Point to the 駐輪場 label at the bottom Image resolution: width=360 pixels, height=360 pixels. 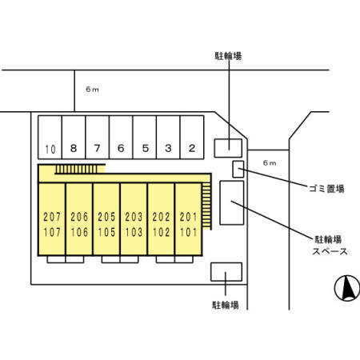coord(227,305)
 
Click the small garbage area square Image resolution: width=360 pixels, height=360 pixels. coord(238,168)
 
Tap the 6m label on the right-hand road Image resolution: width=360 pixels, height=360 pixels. coord(270,163)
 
